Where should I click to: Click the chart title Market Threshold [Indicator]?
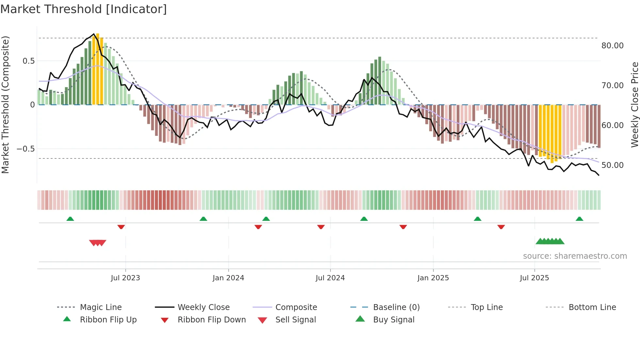(84, 9)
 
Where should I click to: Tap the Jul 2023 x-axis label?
(125, 278)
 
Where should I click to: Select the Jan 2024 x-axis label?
(228, 278)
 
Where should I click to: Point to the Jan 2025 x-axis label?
(433, 278)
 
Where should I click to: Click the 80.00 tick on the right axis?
(612, 46)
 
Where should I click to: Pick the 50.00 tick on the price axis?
(612, 165)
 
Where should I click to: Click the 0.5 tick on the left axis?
(28, 61)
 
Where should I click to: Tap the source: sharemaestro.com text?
(575, 256)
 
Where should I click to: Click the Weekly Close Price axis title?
(634, 105)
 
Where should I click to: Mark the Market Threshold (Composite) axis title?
(5, 105)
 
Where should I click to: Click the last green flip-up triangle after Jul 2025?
(579, 219)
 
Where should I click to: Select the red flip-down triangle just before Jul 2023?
(121, 227)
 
